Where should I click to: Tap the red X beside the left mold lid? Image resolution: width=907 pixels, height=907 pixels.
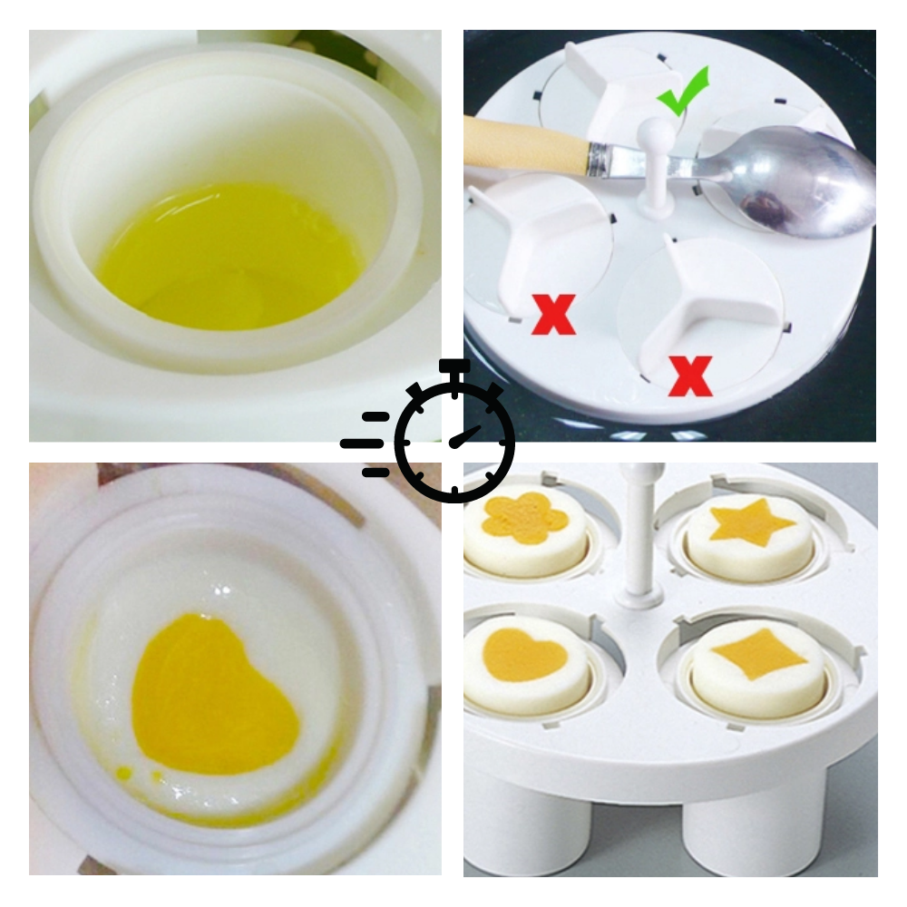[x=553, y=314]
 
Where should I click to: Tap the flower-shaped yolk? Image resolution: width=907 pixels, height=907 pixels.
[x=525, y=519]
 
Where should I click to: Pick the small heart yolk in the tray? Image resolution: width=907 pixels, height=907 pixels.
[x=525, y=655]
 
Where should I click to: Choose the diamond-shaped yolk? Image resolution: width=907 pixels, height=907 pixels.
[x=758, y=653]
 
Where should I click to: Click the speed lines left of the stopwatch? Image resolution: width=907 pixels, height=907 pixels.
[x=367, y=444]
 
